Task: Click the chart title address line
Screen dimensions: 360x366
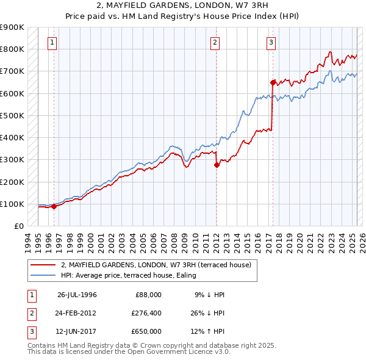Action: click(x=183, y=5)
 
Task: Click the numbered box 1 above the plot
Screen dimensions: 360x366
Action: click(x=53, y=43)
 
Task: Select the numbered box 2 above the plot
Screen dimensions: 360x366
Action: click(x=215, y=43)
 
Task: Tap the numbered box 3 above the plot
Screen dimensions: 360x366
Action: click(x=271, y=43)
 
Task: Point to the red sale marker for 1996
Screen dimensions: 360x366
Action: click(x=54, y=206)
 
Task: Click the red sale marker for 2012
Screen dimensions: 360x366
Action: click(x=217, y=165)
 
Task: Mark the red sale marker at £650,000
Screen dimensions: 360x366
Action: click(x=272, y=82)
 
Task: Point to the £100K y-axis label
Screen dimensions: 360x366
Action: click(x=12, y=204)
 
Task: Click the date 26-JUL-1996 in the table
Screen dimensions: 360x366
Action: click(x=77, y=295)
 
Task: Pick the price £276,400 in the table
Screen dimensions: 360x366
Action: click(x=146, y=313)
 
